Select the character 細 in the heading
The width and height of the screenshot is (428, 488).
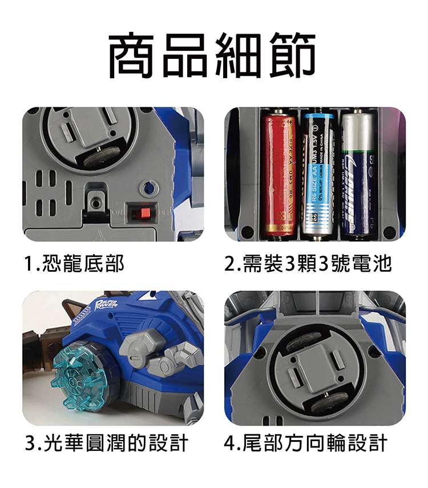240,56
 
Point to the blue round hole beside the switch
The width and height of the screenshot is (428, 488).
150,188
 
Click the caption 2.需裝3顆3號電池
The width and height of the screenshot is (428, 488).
308,264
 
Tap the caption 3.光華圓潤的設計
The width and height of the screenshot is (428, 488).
107,442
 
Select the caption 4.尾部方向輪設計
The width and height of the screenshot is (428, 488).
306,442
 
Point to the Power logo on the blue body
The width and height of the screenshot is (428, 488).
107,305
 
